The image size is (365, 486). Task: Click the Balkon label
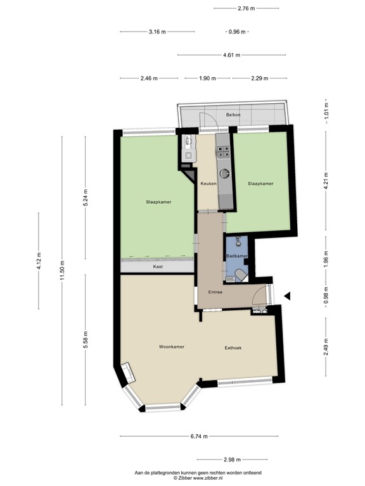pos(233,115)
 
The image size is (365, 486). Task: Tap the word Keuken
pos(208,184)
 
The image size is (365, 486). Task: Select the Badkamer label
pos(237,256)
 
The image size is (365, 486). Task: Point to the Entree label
pos(215,292)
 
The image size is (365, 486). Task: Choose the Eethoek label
pos(233,348)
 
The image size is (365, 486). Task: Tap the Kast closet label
pos(158,267)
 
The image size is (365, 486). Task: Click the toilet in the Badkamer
pos(240,273)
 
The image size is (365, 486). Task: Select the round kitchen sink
pos(224,171)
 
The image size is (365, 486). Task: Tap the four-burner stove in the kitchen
pos(224,151)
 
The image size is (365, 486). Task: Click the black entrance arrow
pos(287,296)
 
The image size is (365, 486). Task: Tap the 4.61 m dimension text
pos(231,55)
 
